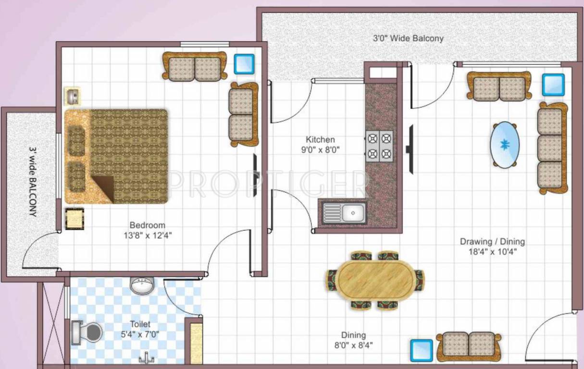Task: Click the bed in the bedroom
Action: [116, 156]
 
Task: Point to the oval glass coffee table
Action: [504, 145]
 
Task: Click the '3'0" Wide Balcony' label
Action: [408, 38]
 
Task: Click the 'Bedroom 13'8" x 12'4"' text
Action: [147, 230]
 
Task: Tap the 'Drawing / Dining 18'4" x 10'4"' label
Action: [492, 246]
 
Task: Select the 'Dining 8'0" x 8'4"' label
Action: [353, 340]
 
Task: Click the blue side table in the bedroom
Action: [244, 64]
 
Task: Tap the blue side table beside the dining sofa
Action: [422, 350]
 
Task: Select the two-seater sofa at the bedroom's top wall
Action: [195, 66]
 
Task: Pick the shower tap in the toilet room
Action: [146, 357]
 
